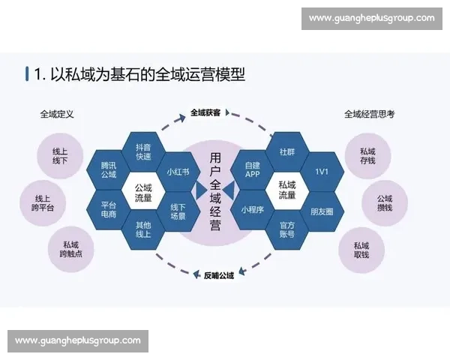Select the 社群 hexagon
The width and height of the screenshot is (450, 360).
tap(287, 151)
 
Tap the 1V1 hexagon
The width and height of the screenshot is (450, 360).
tap(322, 171)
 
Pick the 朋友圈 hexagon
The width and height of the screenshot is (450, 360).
tap(322, 211)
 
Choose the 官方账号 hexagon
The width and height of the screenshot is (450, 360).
tap(287, 229)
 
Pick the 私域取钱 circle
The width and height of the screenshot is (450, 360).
tap(361, 250)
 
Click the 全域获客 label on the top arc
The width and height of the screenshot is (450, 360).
tap(205, 112)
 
